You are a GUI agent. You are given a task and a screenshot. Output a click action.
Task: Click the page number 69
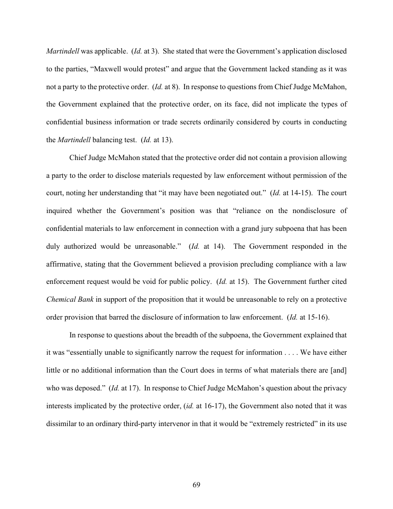click(196, 484)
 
